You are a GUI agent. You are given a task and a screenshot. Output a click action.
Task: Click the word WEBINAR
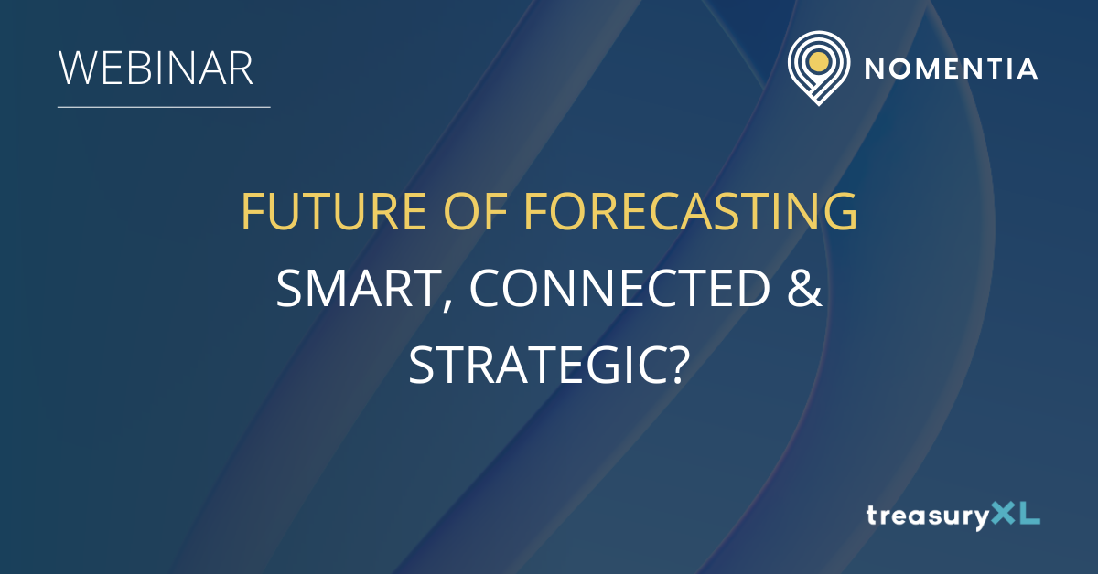(x=156, y=68)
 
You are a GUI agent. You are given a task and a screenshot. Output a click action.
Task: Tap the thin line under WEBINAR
(x=164, y=107)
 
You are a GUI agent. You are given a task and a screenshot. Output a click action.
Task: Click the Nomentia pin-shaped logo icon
(x=819, y=68)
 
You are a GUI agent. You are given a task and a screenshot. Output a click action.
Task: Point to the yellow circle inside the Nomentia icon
(x=819, y=62)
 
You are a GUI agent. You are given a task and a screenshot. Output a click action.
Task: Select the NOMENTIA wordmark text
(x=951, y=69)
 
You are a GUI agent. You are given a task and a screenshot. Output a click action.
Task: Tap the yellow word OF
(x=475, y=211)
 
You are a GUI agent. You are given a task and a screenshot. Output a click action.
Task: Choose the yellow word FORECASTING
(x=691, y=211)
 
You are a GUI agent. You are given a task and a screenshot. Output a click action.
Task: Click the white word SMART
(x=358, y=288)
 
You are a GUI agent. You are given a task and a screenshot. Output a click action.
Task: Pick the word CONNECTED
(x=620, y=288)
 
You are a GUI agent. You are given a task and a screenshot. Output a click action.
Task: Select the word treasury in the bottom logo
(x=928, y=516)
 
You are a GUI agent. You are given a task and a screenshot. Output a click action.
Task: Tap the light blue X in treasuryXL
(x=1004, y=513)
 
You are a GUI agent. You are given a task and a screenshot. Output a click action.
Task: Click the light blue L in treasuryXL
(x=1030, y=513)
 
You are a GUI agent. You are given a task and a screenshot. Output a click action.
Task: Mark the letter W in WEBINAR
(x=80, y=68)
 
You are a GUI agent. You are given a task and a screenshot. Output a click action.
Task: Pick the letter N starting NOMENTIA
(x=875, y=69)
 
